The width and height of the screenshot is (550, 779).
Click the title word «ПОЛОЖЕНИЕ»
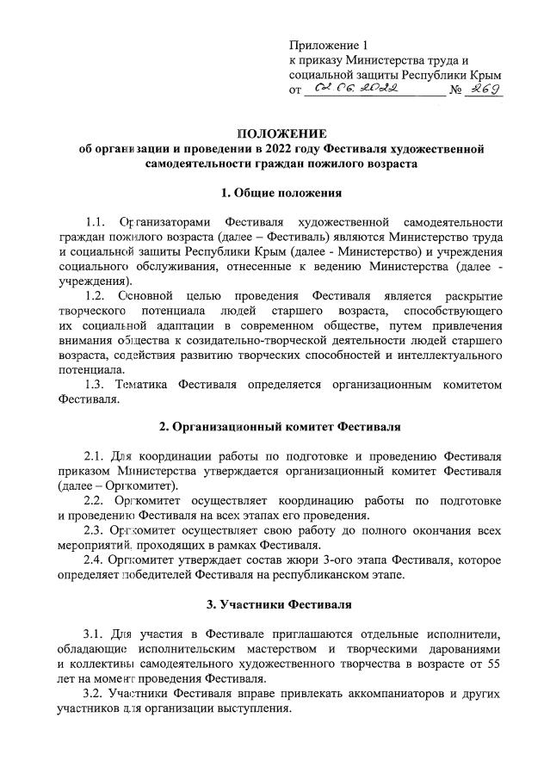(281, 133)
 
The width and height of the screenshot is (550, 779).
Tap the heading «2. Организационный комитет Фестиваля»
(281, 426)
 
